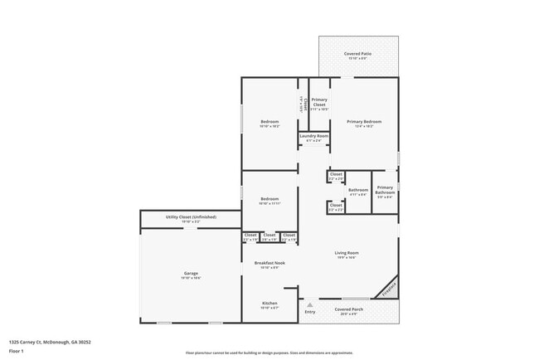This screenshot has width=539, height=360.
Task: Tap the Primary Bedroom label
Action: coord(358,123)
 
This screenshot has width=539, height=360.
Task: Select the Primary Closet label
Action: coord(318,104)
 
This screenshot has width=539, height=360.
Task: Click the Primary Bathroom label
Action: coord(385,192)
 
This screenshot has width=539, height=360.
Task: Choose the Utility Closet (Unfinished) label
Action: coord(191,219)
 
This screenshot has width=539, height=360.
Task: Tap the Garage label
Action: coord(191,275)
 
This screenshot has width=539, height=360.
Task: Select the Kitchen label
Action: coord(270,305)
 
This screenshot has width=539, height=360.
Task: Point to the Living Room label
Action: coord(347,255)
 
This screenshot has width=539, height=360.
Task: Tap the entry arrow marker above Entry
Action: coord(310,304)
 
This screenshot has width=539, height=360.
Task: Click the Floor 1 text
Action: coord(16,351)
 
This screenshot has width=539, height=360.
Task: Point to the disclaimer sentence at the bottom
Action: coord(269,353)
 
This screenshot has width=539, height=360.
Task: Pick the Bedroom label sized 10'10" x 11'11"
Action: coord(269,201)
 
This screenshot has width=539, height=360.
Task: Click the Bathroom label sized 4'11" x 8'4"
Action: coord(358,192)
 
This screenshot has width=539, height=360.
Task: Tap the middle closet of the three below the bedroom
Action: coord(269,236)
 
